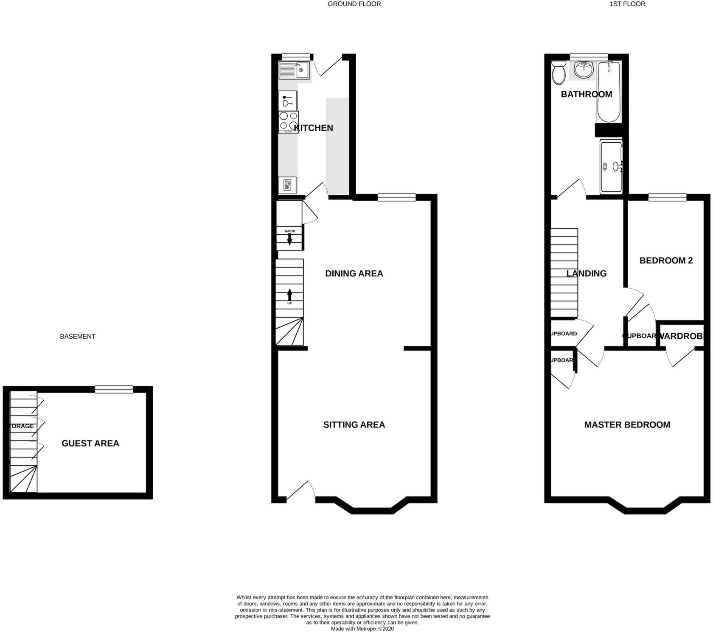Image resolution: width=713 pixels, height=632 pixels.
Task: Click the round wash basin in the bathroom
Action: [x=584, y=70]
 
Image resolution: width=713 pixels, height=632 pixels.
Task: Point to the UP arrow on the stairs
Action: [x=290, y=295]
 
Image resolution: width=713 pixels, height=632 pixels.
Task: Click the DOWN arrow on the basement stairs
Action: [x=290, y=239]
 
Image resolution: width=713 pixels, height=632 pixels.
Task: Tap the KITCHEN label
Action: [x=314, y=128]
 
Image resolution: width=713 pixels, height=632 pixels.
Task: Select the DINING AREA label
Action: [x=354, y=273]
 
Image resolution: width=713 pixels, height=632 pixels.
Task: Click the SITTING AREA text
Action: [x=354, y=424]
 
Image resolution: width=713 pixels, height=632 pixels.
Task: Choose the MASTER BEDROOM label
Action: [x=627, y=424]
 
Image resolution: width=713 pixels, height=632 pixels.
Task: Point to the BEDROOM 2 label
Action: [x=666, y=260]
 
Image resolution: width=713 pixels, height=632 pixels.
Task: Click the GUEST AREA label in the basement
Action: [x=90, y=443]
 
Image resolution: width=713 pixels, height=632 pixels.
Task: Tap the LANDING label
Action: [x=587, y=273]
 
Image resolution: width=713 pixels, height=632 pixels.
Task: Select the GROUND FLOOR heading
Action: [x=354, y=4]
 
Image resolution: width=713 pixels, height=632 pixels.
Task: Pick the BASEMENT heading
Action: [x=78, y=336]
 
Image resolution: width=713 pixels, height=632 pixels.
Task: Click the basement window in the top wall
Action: [x=114, y=389]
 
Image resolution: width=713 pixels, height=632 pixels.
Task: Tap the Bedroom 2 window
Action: [x=667, y=197]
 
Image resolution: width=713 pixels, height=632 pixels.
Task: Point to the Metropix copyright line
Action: [x=362, y=629]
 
